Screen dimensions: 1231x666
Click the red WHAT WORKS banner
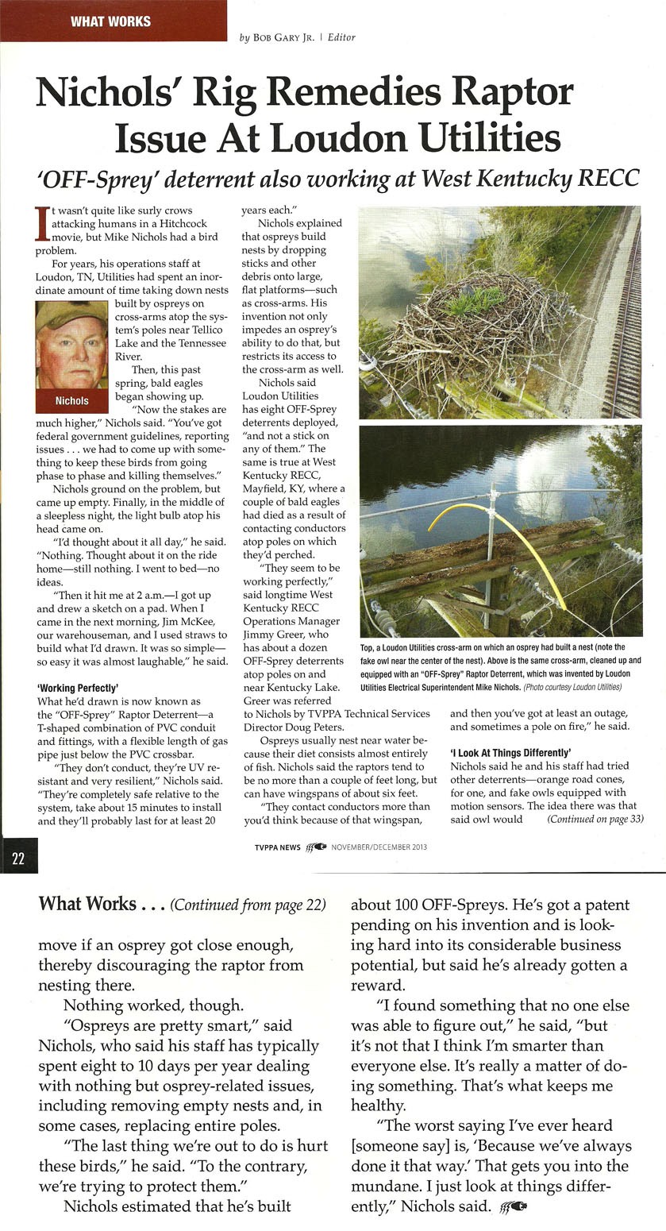pyautogui.click(x=111, y=21)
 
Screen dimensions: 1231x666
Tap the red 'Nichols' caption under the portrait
pyautogui.click(x=71, y=400)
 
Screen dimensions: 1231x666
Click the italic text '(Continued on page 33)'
pyautogui.click(x=595, y=818)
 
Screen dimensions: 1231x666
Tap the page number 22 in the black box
pyautogui.click(x=18, y=859)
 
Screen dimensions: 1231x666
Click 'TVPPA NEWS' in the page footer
pyautogui.click(x=277, y=847)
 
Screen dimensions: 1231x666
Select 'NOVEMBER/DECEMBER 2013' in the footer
pyautogui.click(x=379, y=847)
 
